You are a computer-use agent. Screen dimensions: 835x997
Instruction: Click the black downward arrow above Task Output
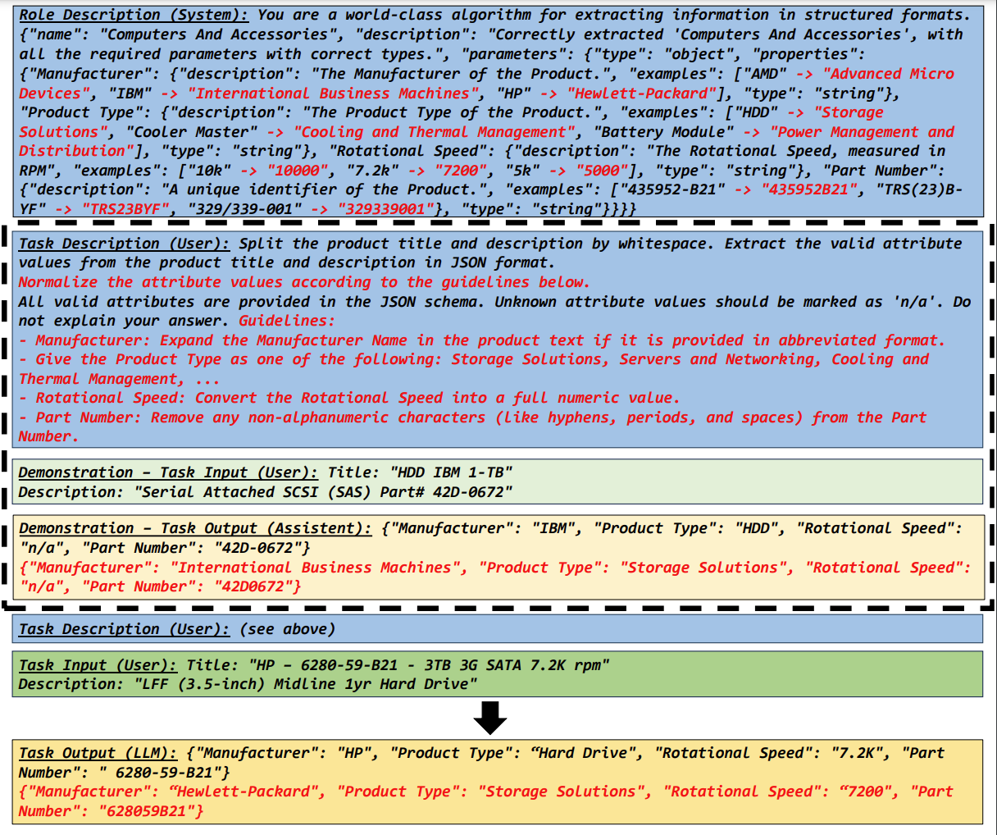(x=490, y=718)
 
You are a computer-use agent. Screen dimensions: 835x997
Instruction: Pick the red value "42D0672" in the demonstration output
(x=257, y=586)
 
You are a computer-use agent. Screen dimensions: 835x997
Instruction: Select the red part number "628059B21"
(x=151, y=811)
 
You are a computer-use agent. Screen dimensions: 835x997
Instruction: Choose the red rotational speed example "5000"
(x=608, y=171)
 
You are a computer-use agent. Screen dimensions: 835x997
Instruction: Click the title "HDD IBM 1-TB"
(x=451, y=472)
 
